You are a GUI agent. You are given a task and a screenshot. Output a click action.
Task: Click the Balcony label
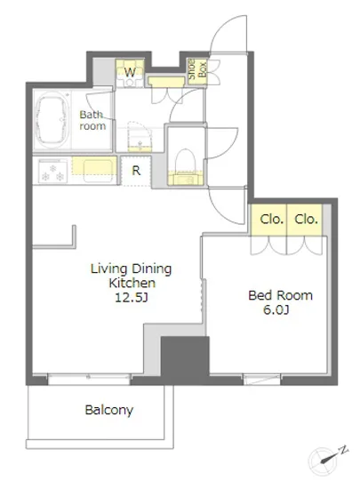[x=109, y=410]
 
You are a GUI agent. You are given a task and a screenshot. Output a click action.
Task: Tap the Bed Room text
[x=280, y=295]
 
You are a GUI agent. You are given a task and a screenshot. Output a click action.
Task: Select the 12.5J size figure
[x=132, y=298]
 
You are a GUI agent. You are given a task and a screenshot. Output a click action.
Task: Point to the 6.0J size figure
[x=276, y=310]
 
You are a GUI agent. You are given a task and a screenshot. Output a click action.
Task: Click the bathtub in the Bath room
[x=52, y=120]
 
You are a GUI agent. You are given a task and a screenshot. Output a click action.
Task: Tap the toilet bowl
[x=185, y=160]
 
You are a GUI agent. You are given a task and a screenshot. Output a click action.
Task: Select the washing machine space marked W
[x=130, y=73]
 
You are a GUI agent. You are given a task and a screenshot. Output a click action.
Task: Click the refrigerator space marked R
[x=136, y=171]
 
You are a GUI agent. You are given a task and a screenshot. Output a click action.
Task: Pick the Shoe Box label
[x=197, y=69]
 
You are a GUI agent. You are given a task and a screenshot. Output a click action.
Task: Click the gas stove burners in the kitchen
[x=52, y=172]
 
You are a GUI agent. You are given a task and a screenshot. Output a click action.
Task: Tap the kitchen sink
[x=98, y=171]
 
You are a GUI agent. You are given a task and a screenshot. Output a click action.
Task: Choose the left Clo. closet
[x=268, y=220]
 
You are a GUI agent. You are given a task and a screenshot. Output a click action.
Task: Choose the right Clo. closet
[x=305, y=220]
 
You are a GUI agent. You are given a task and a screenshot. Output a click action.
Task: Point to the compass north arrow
[x=332, y=456]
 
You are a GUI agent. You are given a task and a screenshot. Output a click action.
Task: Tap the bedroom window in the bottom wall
[x=261, y=379]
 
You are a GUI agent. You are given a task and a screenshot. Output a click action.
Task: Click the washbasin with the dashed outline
[x=140, y=137]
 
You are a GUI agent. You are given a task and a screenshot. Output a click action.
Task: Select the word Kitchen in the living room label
[x=132, y=283]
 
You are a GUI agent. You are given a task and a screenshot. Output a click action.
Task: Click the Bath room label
[x=92, y=120]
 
